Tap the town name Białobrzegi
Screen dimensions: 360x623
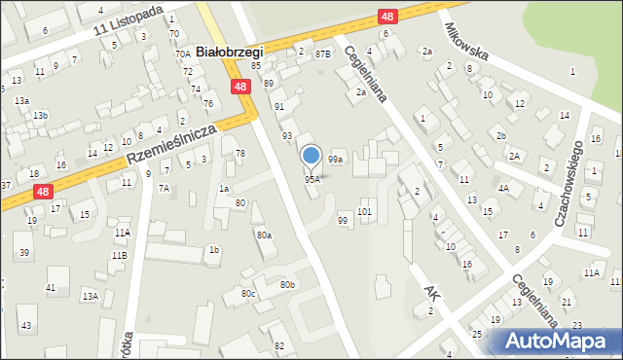coord(230,50)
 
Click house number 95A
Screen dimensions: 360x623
coord(311,180)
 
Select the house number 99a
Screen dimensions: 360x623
coord(335,159)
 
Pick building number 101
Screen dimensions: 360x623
coord(365,211)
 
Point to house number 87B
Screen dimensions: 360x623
coord(322,54)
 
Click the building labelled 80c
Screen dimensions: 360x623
coord(248,293)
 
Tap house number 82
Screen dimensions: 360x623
coord(279,346)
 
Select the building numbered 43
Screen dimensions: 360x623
coord(26,325)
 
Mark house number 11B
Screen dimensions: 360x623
coord(119,255)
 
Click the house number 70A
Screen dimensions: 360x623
coord(182,54)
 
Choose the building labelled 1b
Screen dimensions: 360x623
coord(213,250)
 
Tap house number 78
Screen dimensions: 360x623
coord(239,154)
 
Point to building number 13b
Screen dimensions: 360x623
coord(39,116)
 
